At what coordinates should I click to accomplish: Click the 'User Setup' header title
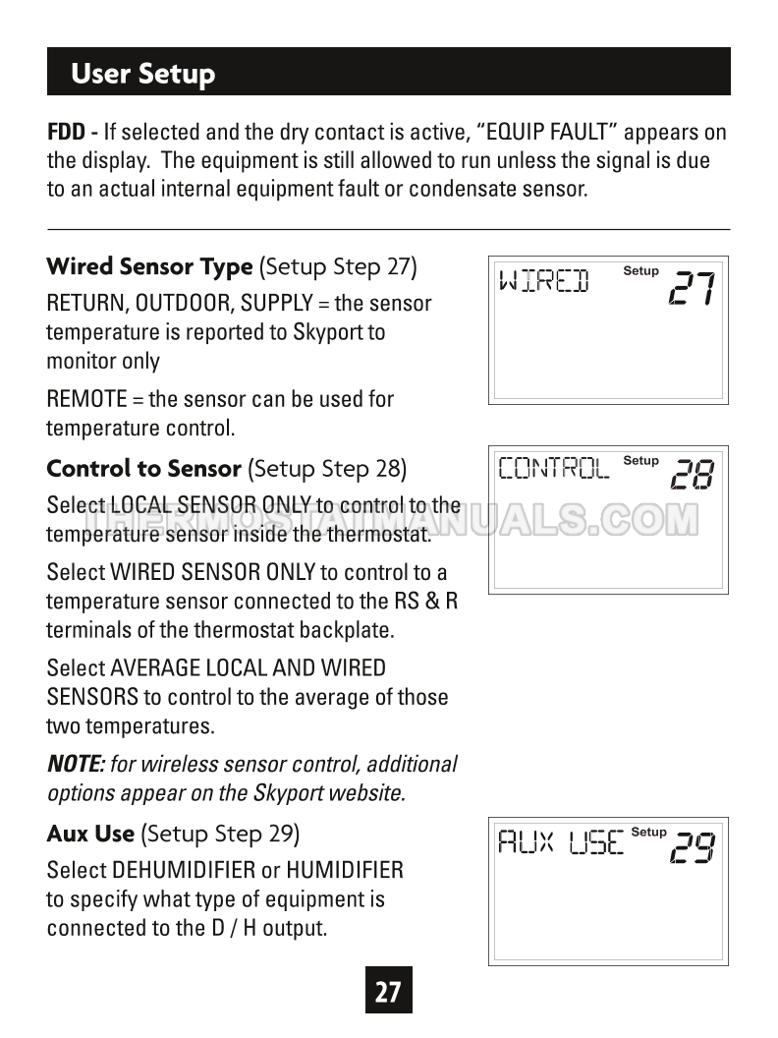coord(143,74)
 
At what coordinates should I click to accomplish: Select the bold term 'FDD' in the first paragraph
coord(66,132)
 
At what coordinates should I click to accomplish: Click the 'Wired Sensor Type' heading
coord(149,266)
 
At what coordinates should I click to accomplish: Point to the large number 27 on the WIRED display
coord(692,287)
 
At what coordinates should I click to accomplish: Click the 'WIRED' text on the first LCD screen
coord(544,281)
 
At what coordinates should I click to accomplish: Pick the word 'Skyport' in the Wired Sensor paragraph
coord(328,332)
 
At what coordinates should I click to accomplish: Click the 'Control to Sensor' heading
coord(143,468)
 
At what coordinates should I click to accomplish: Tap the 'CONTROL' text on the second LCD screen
coord(554,468)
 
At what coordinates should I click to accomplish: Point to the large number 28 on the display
coord(692,476)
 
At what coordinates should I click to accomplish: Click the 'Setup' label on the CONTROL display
coord(640,461)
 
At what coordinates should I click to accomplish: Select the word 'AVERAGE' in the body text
coord(155,668)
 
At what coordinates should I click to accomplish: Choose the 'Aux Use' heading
coord(90,834)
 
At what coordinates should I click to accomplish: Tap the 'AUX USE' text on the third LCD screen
coord(560,842)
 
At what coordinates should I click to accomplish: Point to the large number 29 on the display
coord(692,847)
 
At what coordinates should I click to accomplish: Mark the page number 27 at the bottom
coord(388,991)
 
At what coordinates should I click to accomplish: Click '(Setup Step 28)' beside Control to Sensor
coord(327,468)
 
